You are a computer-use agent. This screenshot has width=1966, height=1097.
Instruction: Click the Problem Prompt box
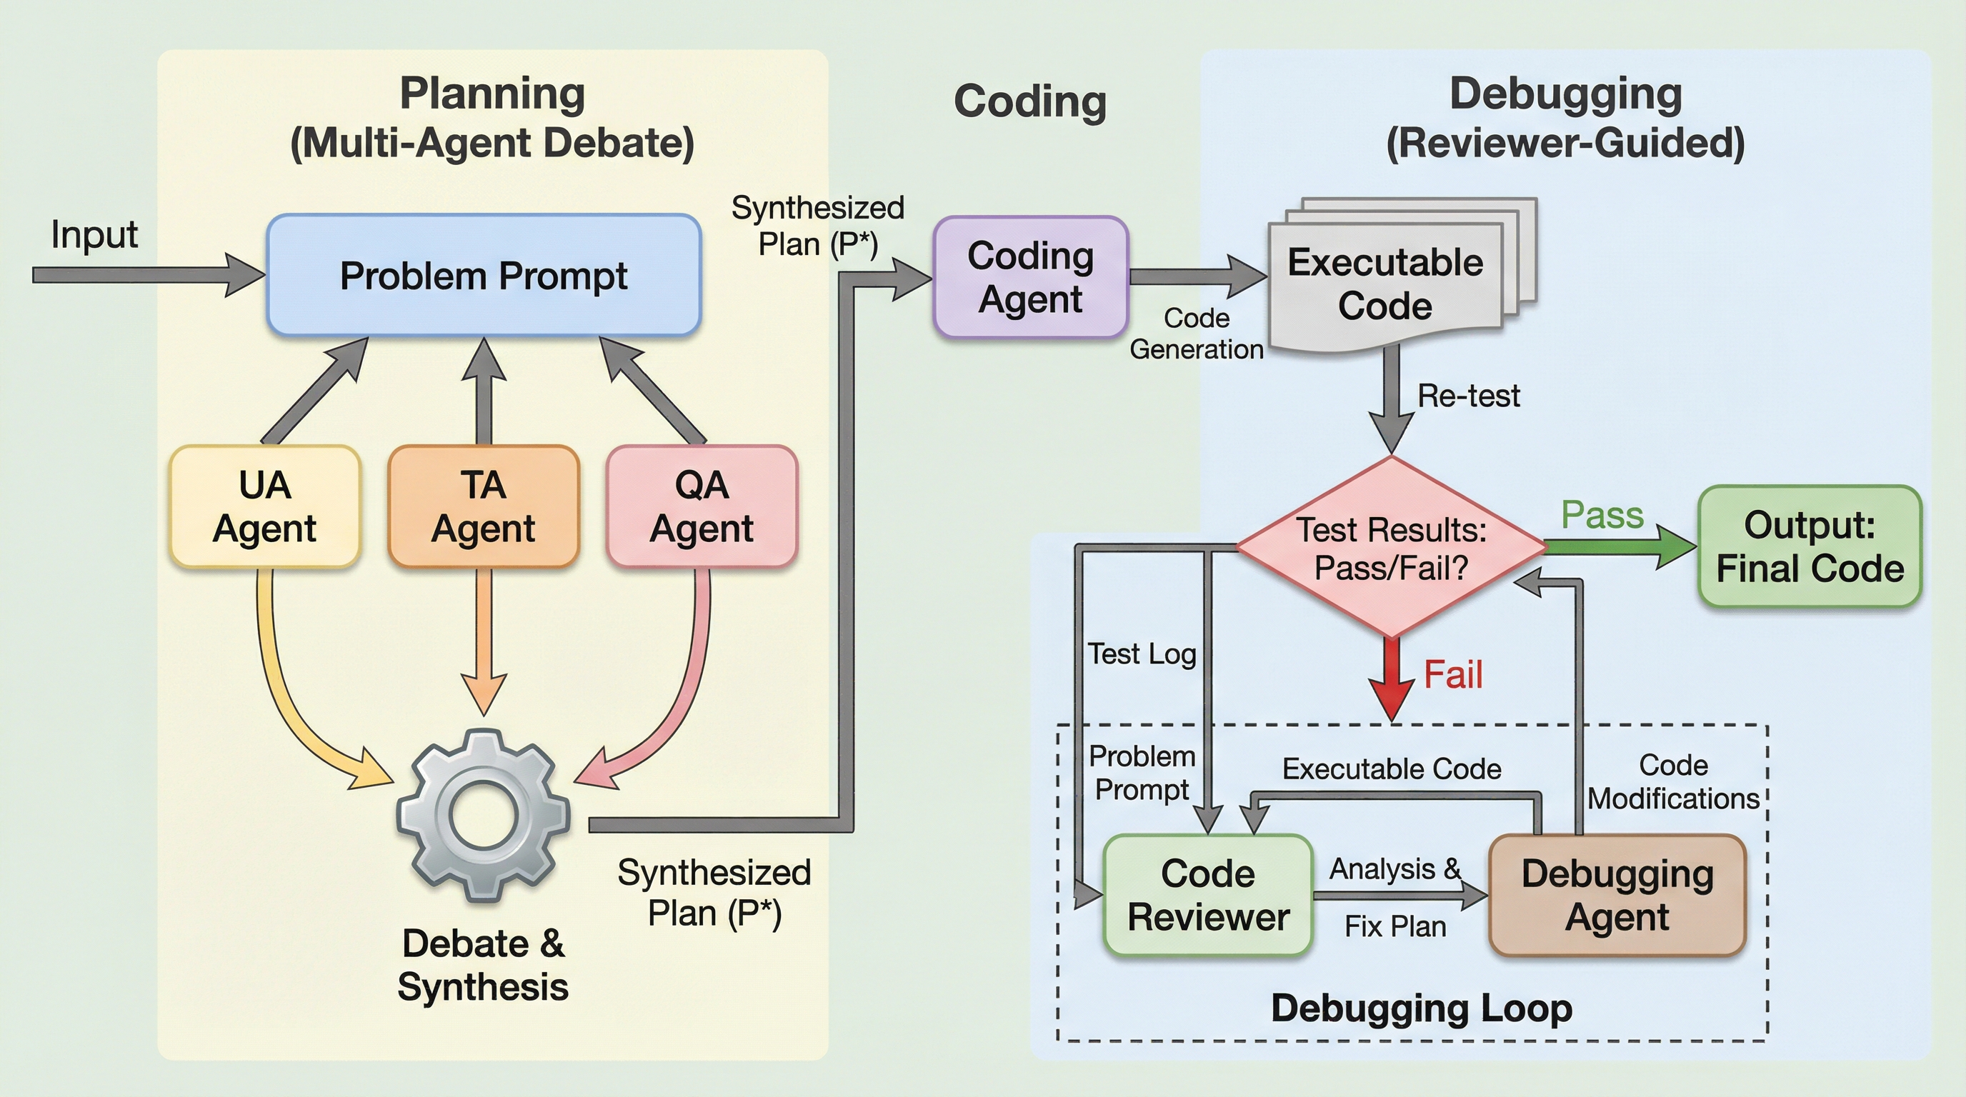(484, 276)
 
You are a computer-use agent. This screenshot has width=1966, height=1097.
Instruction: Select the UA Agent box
(265, 506)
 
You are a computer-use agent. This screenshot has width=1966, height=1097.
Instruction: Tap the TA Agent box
(483, 506)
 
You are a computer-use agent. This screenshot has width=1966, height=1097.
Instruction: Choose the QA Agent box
(702, 506)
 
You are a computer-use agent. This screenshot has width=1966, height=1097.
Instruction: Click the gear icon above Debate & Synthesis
(483, 815)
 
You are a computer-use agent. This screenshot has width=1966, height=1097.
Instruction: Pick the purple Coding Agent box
(1030, 277)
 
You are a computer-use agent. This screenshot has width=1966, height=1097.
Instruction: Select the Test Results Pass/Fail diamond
(1392, 548)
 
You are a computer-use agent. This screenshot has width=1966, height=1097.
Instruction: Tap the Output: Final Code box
(1810, 546)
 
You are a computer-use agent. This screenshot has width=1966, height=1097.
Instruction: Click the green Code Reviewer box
(1208, 895)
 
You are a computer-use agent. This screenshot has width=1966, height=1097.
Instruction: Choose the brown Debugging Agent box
(1617, 895)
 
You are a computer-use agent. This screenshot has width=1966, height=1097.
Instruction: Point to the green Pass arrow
(1618, 546)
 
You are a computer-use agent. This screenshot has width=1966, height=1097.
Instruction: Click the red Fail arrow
(1393, 679)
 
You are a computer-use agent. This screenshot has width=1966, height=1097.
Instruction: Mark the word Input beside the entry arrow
(94, 234)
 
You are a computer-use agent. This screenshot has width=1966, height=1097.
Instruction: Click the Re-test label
(1468, 396)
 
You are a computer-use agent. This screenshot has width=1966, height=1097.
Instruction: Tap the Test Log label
(1142, 653)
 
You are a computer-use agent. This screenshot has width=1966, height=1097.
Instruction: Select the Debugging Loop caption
(1421, 1008)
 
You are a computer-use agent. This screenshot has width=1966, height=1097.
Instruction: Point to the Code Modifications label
(1673, 782)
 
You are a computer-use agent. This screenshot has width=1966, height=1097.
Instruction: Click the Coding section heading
(1030, 101)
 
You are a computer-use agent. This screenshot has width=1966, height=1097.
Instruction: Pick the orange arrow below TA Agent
(484, 641)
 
